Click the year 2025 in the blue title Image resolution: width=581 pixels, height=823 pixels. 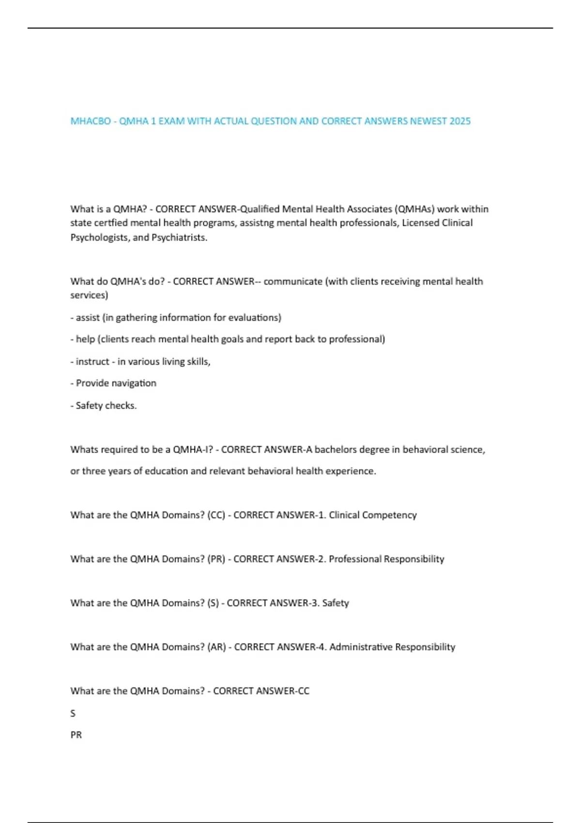coord(459,121)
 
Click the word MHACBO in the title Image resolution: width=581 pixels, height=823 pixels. coord(91,121)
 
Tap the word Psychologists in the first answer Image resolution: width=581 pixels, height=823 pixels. coord(99,238)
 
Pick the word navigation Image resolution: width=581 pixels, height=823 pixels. coord(137,383)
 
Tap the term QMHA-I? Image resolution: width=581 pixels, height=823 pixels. coord(193,450)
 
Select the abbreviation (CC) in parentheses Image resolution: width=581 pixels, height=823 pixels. coord(216,515)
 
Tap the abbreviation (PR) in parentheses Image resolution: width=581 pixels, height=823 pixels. coord(216,559)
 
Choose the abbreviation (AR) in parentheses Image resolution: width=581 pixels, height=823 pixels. coord(216,647)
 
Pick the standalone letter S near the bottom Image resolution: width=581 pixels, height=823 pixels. coord(73,714)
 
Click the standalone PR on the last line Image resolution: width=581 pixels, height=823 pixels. coord(76,735)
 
